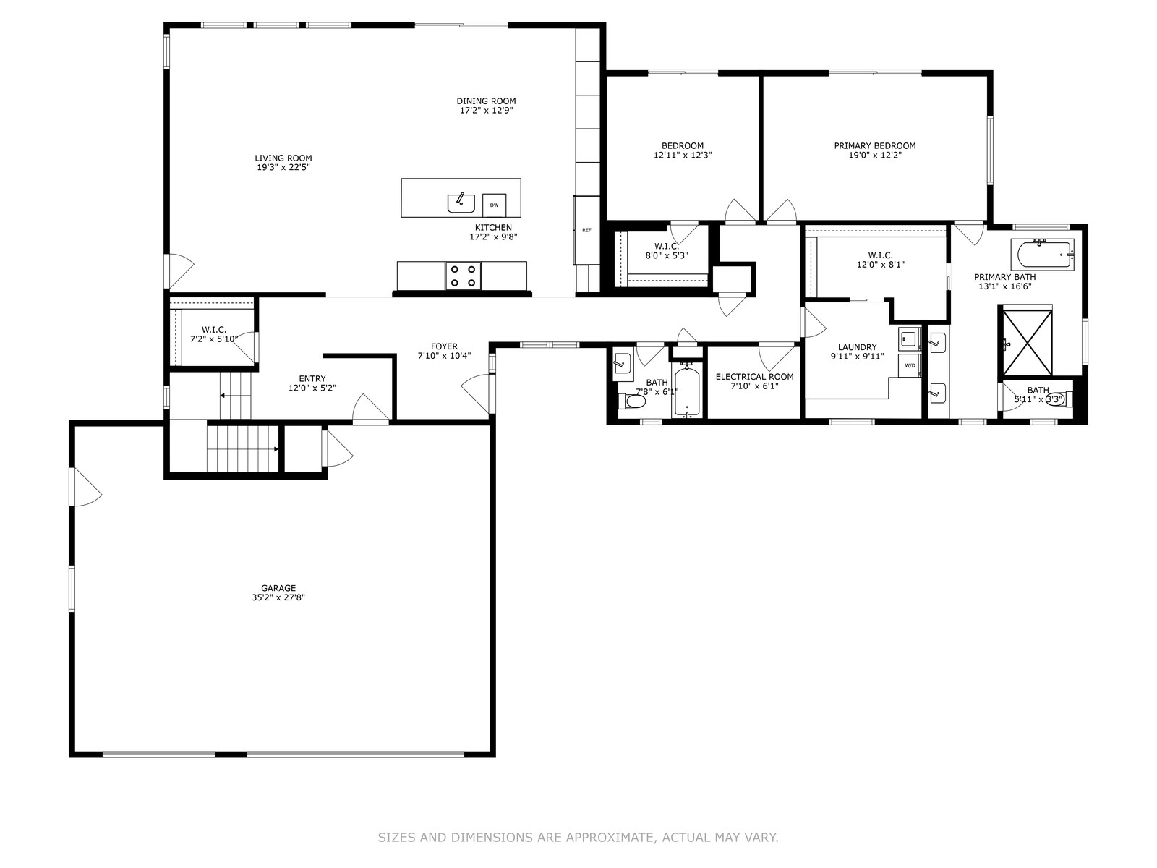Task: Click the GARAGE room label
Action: click(278, 588)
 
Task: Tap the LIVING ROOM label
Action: click(283, 158)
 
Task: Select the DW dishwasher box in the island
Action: click(494, 205)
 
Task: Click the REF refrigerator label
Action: click(586, 230)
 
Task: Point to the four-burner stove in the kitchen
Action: click(464, 276)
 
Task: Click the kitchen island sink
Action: click(461, 203)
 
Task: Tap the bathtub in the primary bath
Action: click(1042, 255)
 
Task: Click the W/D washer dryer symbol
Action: click(910, 365)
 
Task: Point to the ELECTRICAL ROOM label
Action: click(754, 377)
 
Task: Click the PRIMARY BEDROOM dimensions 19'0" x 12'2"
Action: click(875, 156)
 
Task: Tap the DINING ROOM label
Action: click(486, 101)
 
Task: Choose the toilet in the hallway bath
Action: click(633, 401)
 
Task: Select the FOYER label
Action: click(444, 346)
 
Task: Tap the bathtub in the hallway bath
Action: click(687, 391)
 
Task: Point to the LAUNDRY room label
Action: click(857, 347)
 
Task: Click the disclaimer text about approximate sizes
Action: click(578, 838)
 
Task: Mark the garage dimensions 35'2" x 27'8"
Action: click(278, 597)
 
